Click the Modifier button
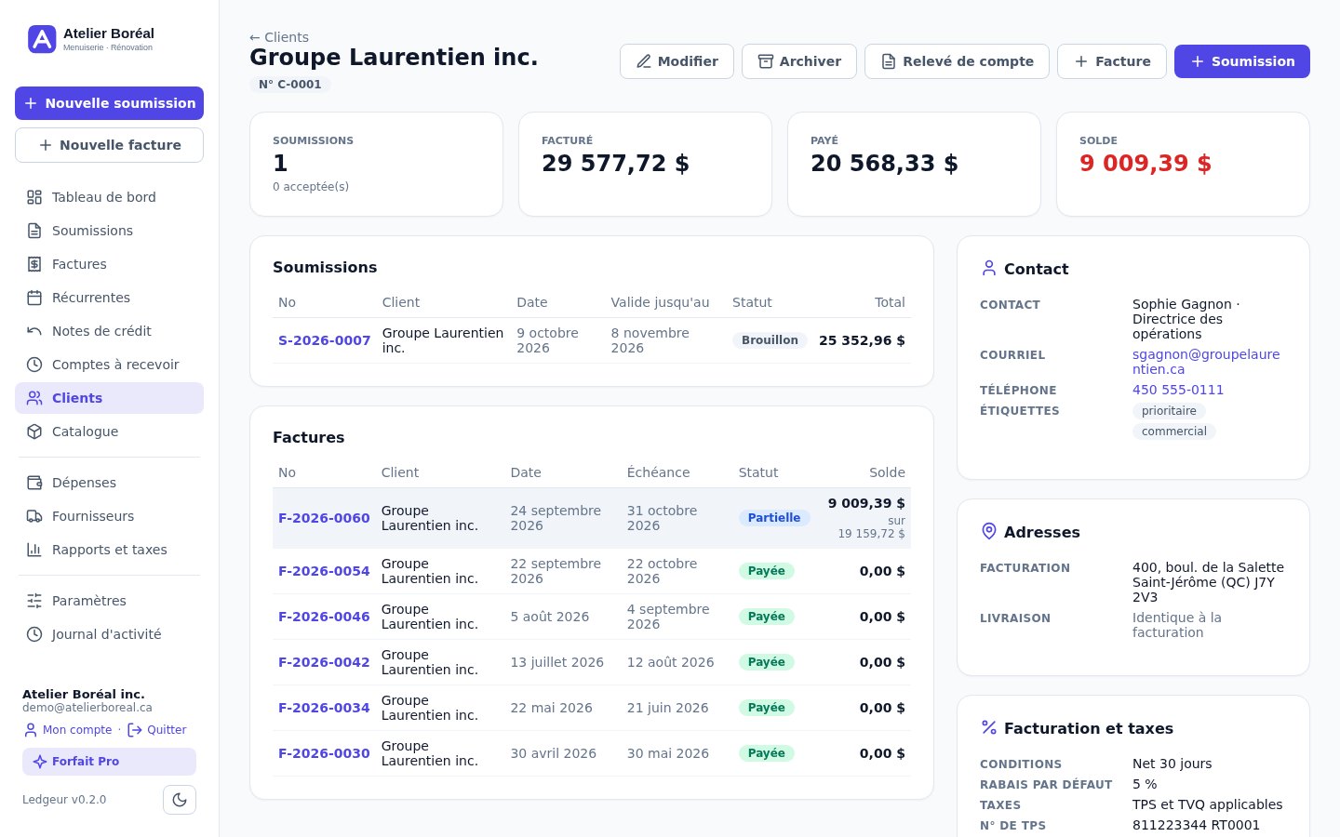point(677,61)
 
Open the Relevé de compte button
point(957,61)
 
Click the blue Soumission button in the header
point(1242,61)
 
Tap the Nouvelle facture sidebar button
point(110,145)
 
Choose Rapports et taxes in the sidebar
point(110,550)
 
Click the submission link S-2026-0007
point(324,340)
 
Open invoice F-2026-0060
point(324,518)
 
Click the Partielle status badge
point(774,518)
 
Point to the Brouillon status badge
point(770,340)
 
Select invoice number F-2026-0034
point(324,708)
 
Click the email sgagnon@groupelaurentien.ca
point(1205,362)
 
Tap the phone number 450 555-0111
point(1178,390)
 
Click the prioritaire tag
point(1169,411)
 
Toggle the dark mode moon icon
point(180,800)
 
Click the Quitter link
point(157,729)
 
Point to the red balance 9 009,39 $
point(1145,164)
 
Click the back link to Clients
point(279,37)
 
